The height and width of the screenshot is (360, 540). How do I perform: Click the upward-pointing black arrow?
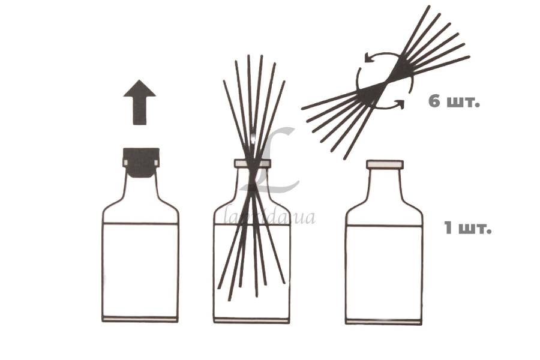pos(139,102)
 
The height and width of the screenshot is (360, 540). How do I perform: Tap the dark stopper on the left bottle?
pos(141,162)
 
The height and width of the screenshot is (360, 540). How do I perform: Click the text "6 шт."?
pos(454,101)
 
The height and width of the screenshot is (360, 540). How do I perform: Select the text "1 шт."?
pos(467,228)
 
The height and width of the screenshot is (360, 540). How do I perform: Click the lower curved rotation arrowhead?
pos(400,103)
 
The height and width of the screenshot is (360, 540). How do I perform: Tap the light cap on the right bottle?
pos(385,164)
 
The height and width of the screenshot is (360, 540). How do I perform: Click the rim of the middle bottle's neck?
pos(253,163)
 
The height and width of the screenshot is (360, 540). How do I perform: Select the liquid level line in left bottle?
pos(140,224)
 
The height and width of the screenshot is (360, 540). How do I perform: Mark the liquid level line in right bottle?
pos(384,226)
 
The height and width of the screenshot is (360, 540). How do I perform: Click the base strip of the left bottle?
pos(140,319)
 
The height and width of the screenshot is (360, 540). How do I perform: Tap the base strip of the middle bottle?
pos(251,320)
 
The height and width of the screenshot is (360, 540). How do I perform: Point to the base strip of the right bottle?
pos(384,322)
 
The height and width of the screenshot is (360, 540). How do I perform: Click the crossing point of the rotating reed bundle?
pos(385,82)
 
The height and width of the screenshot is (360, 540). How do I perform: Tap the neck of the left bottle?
pos(141,188)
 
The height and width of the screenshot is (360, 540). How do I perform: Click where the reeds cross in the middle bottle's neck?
pos(253,180)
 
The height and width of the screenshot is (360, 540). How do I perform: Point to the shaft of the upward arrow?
pos(139,110)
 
